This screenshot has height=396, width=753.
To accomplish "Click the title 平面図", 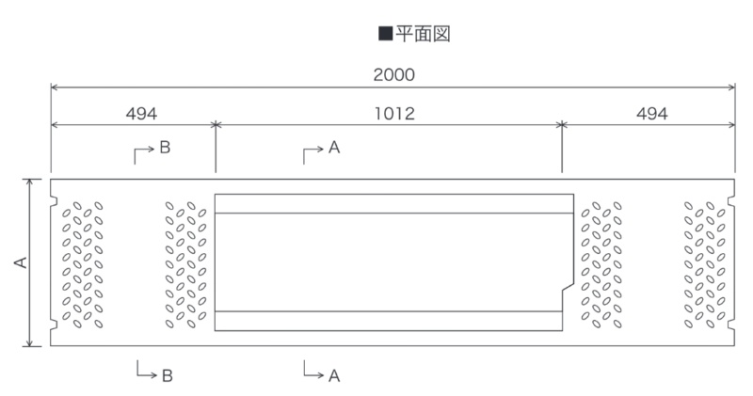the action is click(423, 34).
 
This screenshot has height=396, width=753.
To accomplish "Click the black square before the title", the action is click(386, 34).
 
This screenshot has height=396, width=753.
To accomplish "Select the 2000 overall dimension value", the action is click(393, 75).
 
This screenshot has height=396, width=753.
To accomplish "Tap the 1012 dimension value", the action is click(394, 114).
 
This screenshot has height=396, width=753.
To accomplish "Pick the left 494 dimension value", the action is click(141, 114).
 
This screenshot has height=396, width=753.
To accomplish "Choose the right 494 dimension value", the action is click(651, 114).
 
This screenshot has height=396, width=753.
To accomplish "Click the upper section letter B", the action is click(165, 148).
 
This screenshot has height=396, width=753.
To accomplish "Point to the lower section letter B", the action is click(167, 375).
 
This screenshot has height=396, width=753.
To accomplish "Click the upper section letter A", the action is click(334, 148).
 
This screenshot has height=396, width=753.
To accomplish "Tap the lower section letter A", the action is click(334, 375).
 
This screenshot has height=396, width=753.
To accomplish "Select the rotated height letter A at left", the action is click(21, 262).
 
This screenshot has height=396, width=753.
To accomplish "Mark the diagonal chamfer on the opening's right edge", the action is click(569, 287).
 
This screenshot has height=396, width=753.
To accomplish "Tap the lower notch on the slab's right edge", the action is click(731, 325).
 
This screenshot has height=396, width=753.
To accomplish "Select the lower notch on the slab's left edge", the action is click(54, 325).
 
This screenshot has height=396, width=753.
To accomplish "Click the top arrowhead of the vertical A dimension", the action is click(30, 182).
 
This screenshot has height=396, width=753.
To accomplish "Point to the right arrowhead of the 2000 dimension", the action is click(731, 87).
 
